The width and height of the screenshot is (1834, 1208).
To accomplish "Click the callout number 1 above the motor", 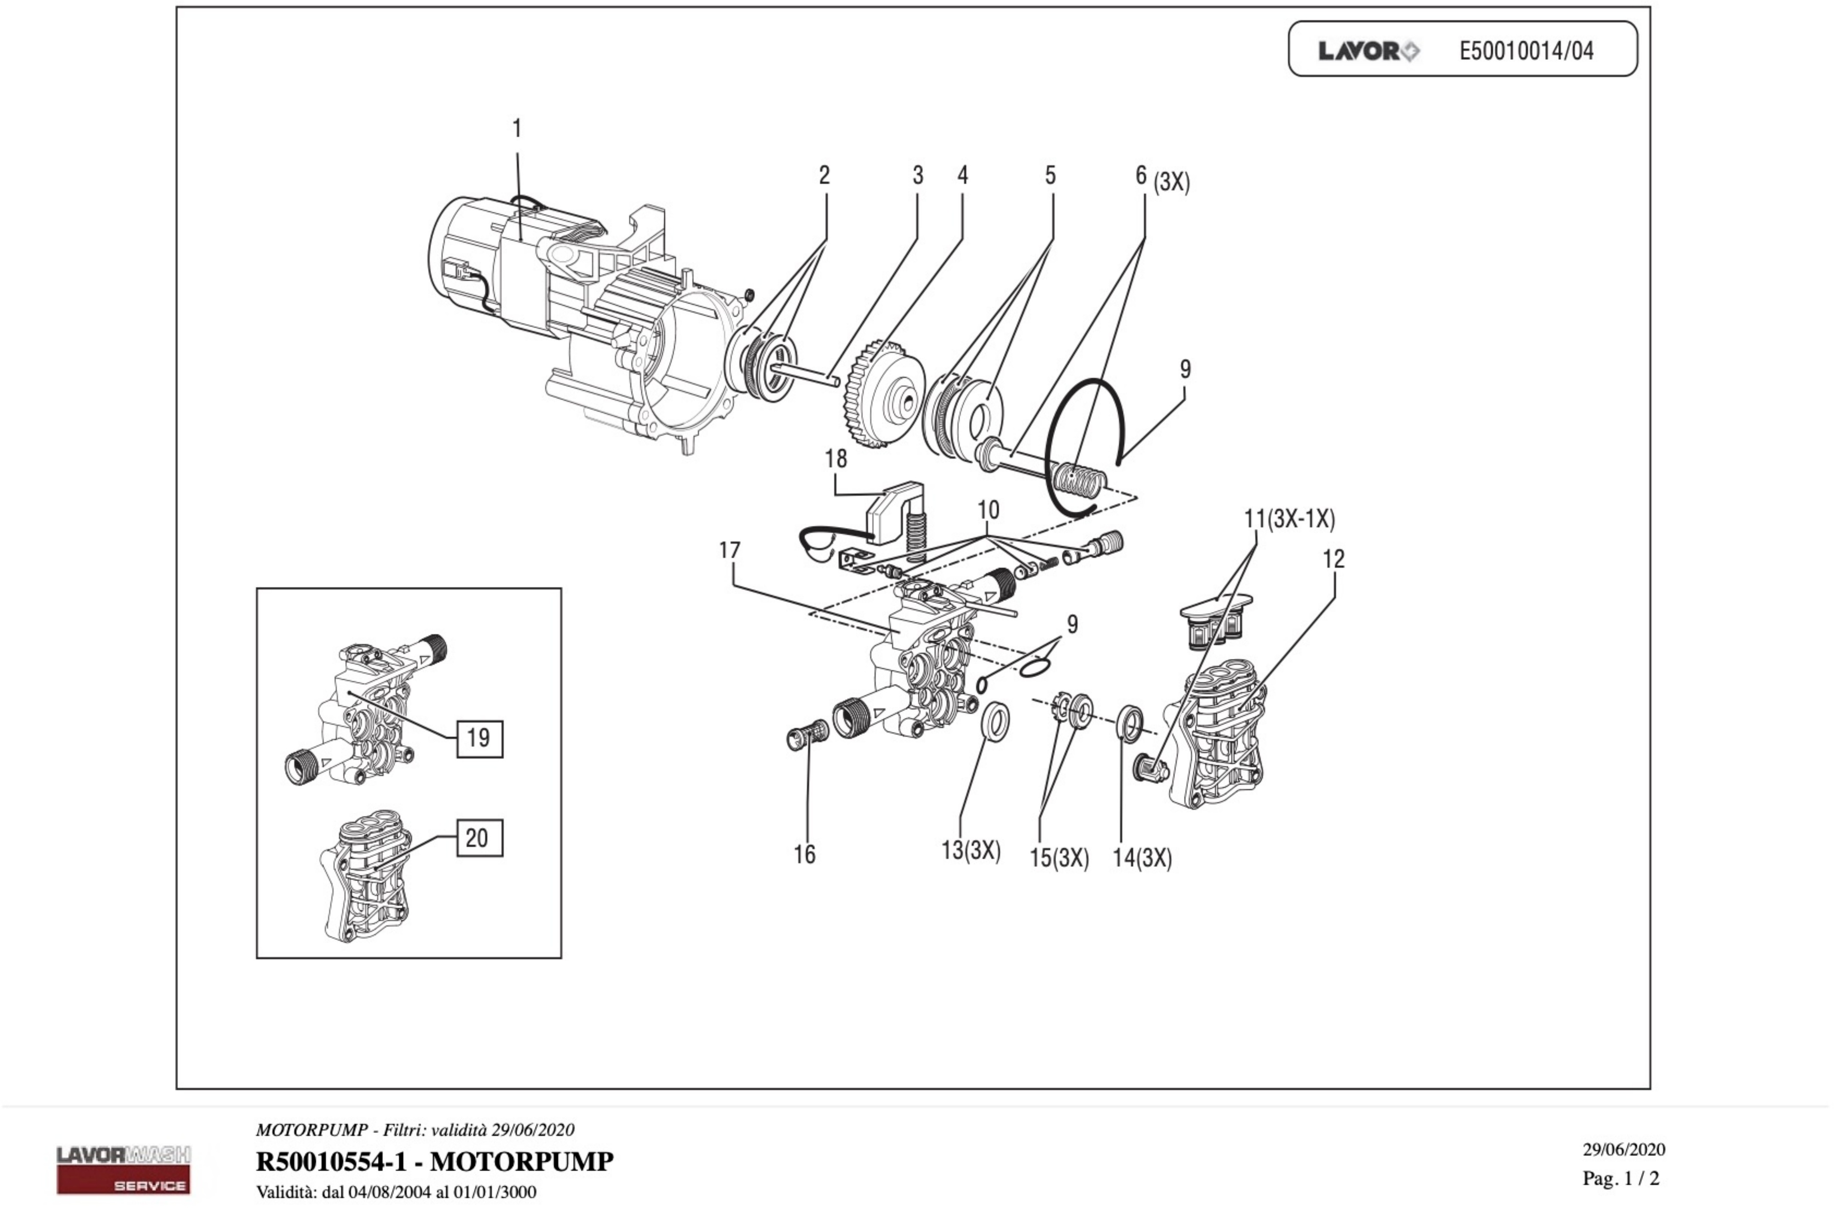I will tap(517, 129).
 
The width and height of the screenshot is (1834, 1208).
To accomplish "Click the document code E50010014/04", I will tap(1526, 51).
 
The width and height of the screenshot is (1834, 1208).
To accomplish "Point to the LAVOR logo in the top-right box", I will tap(1368, 51).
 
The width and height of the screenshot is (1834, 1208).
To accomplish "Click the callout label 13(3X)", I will tap(970, 850).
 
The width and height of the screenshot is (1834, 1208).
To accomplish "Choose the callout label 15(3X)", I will tap(1059, 858).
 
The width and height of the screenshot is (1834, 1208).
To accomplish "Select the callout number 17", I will tap(729, 550).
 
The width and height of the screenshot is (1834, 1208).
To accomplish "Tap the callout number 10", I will tap(988, 510).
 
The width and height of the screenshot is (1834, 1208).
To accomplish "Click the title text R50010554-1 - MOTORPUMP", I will tap(434, 1161).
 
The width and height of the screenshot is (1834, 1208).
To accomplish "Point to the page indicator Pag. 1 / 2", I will tap(1620, 1178).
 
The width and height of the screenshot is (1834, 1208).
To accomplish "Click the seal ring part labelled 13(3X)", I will tap(996, 720).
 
